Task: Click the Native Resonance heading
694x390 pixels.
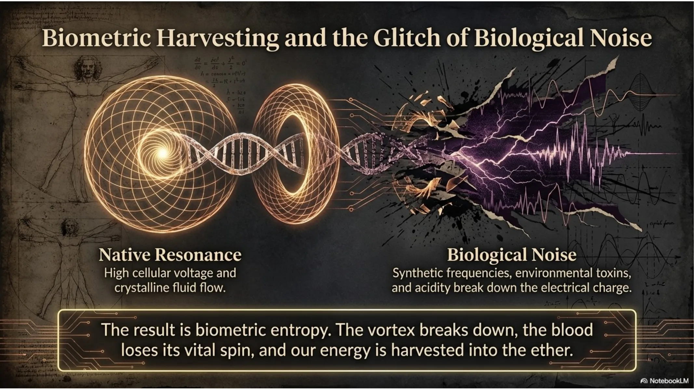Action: (170, 254)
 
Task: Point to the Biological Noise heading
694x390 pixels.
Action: (512, 254)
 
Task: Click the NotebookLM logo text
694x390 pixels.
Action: (668, 381)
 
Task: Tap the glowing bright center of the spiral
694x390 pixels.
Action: (163, 152)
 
